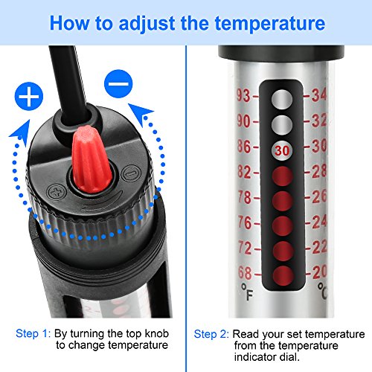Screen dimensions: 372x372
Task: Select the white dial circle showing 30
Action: click(280, 149)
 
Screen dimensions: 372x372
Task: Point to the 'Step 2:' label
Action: click(211, 334)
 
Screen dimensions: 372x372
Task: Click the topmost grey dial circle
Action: click(280, 99)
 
